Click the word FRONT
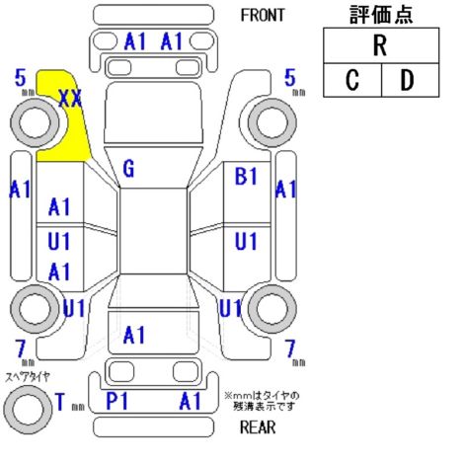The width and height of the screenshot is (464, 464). pyautogui.click(x=263, y=15)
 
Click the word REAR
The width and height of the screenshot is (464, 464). pyautogui.click(x=258, y=427)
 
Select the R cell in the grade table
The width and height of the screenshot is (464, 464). pyautogui.click(x=381, y=45)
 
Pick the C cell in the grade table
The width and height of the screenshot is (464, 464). pyautogui.click(x=352, y=80)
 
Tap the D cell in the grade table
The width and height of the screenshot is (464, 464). pyautogui.click(x=410, y=80)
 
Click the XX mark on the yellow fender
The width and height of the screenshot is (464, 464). pyautogui.click(x=70, y=99)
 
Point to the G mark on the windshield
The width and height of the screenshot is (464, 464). pyautogui.click(x=128, y=169)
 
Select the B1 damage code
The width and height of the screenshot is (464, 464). pyautogui.click(x=246, y=176)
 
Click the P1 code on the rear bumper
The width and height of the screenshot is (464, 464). pyautogui.click(x=116, y=401)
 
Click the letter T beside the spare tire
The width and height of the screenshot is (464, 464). pyautogui.click(x=60, y=402)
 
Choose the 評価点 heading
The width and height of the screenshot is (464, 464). pyautogui.click(x=381, y=15)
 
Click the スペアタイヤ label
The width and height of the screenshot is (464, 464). pyautogui.click(x=28, y=376)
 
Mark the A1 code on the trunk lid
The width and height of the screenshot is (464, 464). pyautogui.click(x=134, y=335)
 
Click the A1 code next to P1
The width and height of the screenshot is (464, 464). pyautogui.click(x=191, y=401)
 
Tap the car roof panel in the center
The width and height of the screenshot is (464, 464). pyautogui.click(x=153, y=231)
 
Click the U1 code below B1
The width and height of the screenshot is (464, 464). pyautogui.click(x=246, y=242)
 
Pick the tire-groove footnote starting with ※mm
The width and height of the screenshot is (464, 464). pyautogui.click(x=263, y=401)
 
